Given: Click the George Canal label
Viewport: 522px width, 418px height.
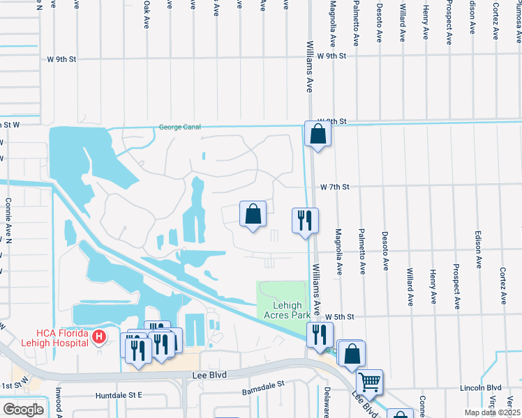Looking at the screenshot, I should [x=179, y=127].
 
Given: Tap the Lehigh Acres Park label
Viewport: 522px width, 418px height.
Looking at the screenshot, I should [x=283, y=310].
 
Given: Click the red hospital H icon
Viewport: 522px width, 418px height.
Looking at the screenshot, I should [x=99, y=337].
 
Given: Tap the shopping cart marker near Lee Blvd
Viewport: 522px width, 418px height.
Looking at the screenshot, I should [x=369, y=381].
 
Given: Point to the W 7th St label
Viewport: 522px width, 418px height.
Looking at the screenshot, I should [x=334, y=187].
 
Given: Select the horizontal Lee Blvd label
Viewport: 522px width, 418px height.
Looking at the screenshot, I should [x=207, y=375].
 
